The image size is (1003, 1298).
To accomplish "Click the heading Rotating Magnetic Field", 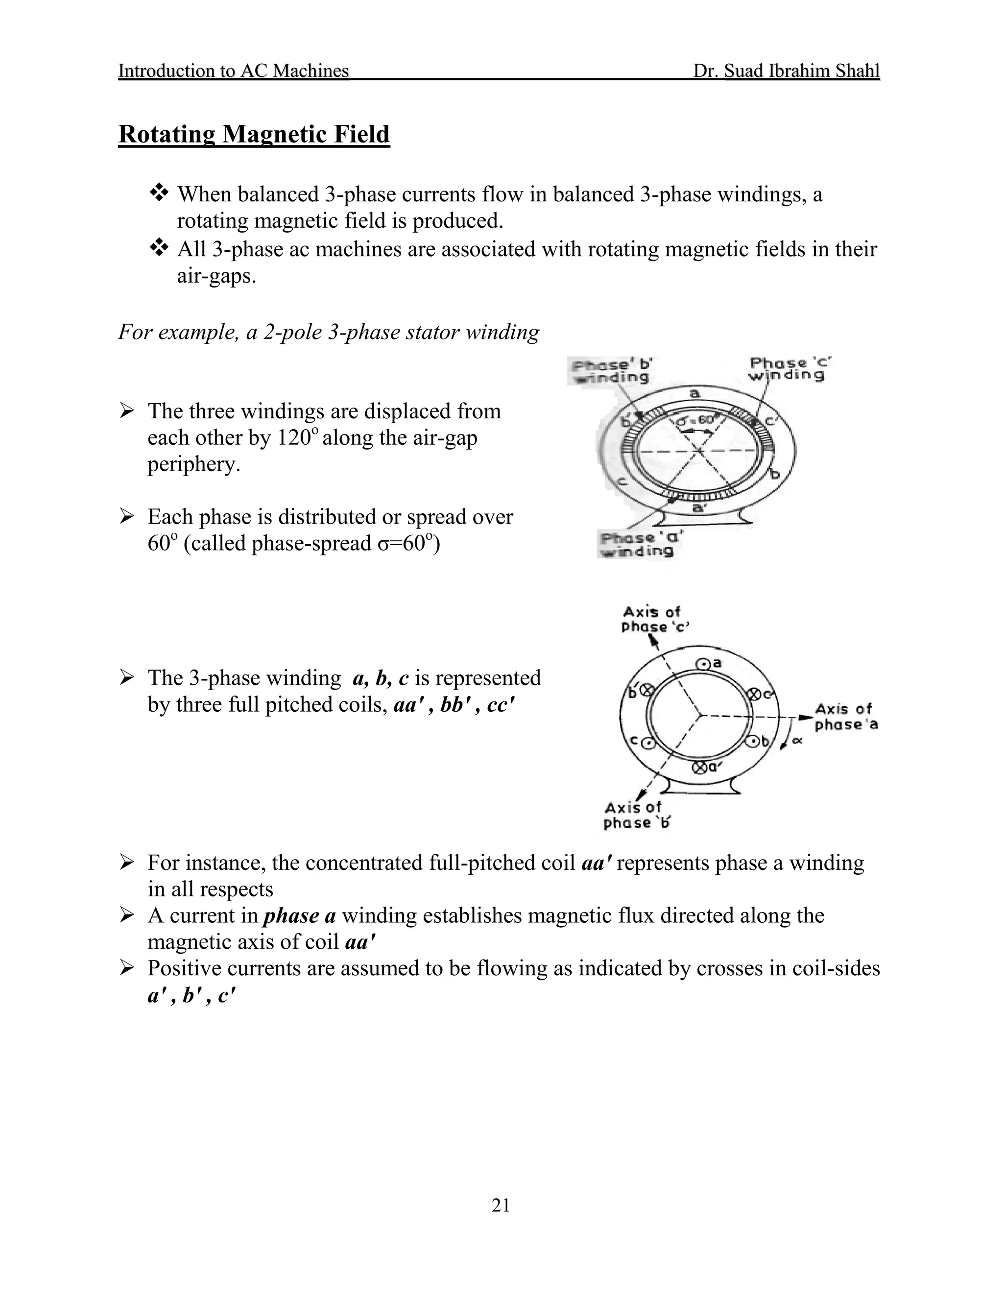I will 254,134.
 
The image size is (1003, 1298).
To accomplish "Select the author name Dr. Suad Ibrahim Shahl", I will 786,71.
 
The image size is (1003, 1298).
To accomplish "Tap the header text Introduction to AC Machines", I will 234,71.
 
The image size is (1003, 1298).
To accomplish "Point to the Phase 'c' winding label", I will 786,368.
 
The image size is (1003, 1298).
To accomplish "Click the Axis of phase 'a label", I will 845,716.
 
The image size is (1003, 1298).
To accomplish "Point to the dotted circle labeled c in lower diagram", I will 648,742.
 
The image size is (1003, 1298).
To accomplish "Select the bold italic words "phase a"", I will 299,916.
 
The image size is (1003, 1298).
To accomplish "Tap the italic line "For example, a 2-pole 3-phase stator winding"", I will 329,332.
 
